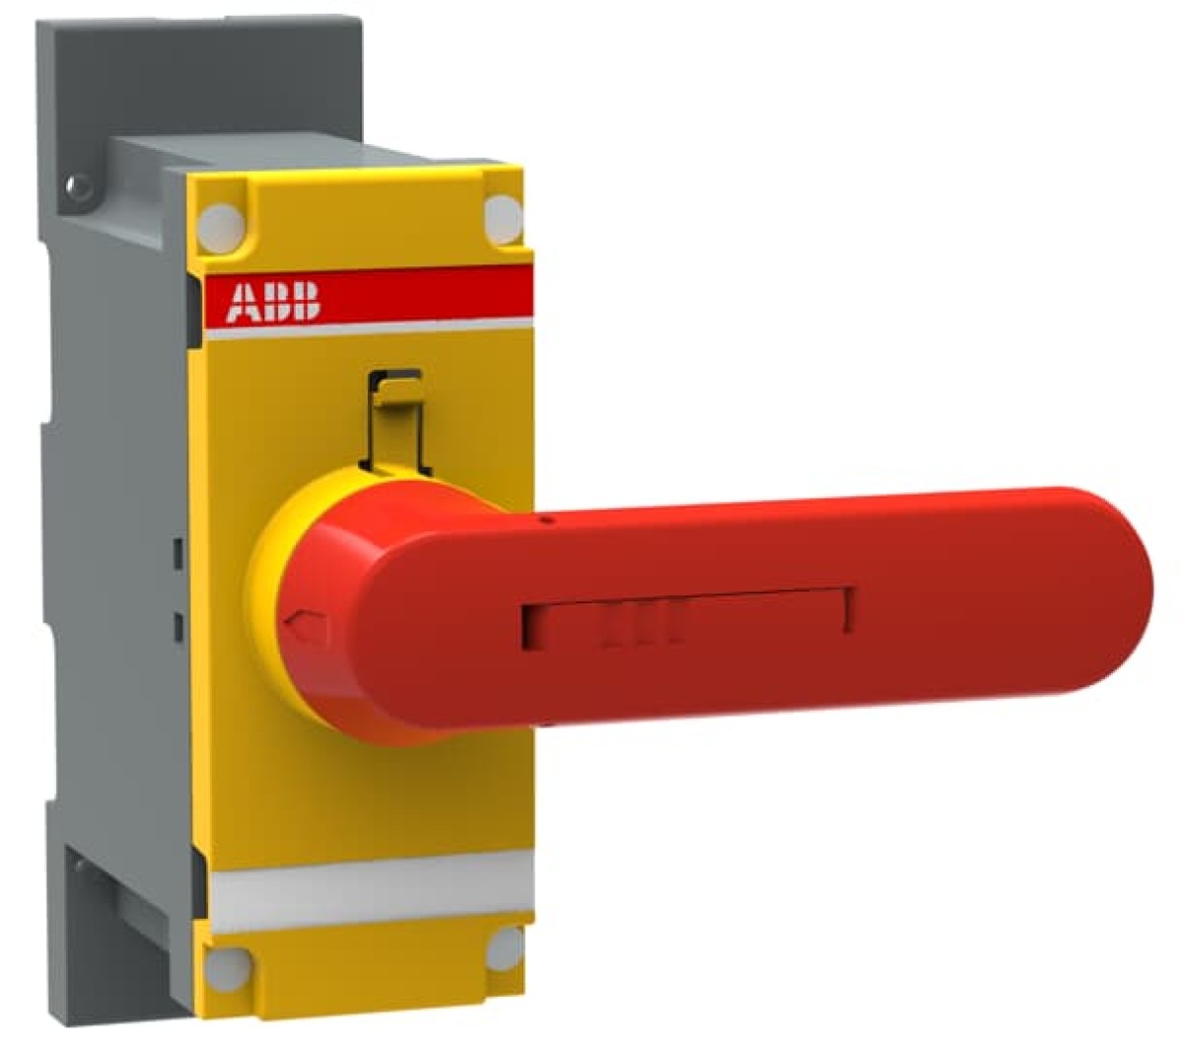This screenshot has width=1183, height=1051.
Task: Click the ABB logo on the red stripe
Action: [x=273, y=302]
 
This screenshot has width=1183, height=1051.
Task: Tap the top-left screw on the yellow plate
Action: [x=223, y=226]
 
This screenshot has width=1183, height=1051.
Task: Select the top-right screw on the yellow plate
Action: [x=503, y=217]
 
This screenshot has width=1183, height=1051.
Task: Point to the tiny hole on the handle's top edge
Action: [x=544, y=516]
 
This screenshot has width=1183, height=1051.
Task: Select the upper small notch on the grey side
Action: [x=178, y=553]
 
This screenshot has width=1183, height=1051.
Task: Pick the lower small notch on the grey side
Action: [x=178, y=627]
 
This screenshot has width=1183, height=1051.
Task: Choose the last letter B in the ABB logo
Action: [x=307, y=302]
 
